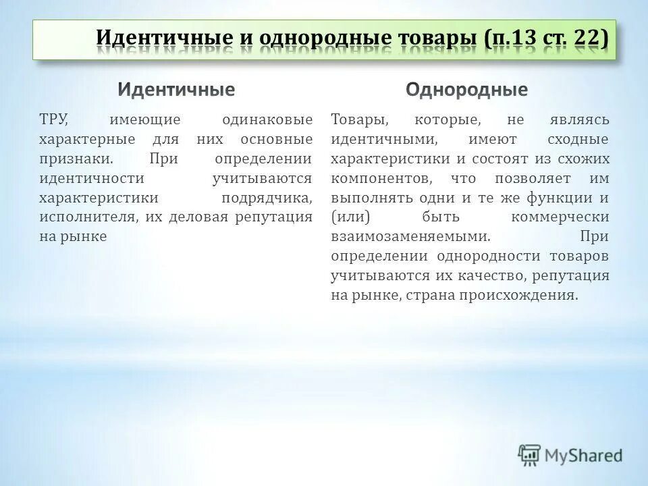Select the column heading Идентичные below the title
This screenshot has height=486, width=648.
click(x=177, y=89)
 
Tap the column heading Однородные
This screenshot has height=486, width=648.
click(x=467, y=89)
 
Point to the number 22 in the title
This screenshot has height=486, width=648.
click(x=587, y=38)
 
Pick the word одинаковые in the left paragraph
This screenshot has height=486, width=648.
click(x=267, y=120)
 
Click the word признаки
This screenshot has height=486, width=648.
click(x=75, y=159)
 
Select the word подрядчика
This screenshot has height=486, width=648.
click(x=267, y=198)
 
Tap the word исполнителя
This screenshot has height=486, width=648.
click(x=84, y=217)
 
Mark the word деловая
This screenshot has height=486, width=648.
click(x=195, y=217)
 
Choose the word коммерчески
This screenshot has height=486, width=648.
click(x=560, y=217)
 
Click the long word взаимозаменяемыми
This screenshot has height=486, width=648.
click(x=410, y=237)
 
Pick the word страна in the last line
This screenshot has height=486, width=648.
click(x=433, y=296)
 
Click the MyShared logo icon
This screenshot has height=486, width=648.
click(x=529, y=456)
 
